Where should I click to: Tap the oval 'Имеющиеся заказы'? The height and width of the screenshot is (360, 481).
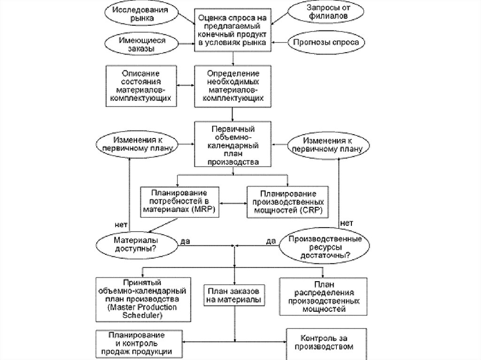pos(142,45)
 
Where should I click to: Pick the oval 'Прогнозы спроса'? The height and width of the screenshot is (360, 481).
pos(326,42)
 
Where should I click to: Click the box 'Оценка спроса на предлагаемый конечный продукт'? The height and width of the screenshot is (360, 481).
pos(233,29)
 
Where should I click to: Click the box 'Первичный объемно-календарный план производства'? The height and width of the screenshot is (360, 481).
pos(233,144)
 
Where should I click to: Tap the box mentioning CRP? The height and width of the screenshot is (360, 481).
pos(287,202)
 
